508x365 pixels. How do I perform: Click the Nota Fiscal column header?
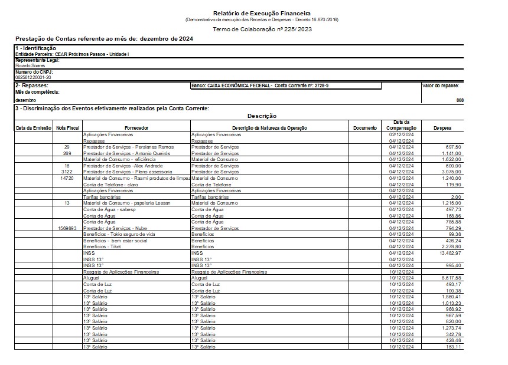tap(67, 127)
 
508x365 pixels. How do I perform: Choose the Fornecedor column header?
tap(136, 127)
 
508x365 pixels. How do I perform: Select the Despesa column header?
tap(444, 127)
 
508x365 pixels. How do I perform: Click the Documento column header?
tap(364, 127)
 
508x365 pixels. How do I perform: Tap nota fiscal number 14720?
tap(67, 177)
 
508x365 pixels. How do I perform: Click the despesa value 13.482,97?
tap(450, 252)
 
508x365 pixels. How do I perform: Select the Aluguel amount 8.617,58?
tap(451, 277)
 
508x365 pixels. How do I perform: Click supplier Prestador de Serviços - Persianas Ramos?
tap(128, 146)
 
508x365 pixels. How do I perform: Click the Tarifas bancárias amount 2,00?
tap(455, 196)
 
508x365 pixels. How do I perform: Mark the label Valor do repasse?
tap(441, 86)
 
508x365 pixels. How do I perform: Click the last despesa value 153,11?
tap(454, 346)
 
